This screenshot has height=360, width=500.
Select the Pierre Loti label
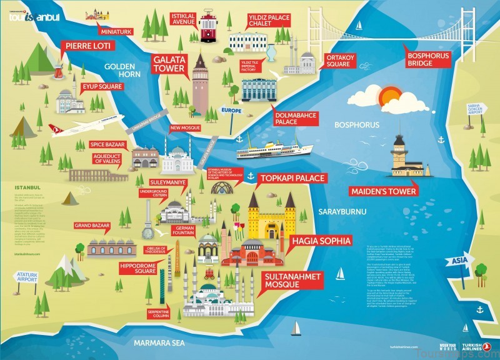[x=86, y=46]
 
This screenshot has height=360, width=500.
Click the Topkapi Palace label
[x=292, y=179]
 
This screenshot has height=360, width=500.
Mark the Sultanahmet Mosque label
[x=289, y=279]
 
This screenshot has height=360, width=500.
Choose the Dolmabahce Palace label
[x=295, y=119]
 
